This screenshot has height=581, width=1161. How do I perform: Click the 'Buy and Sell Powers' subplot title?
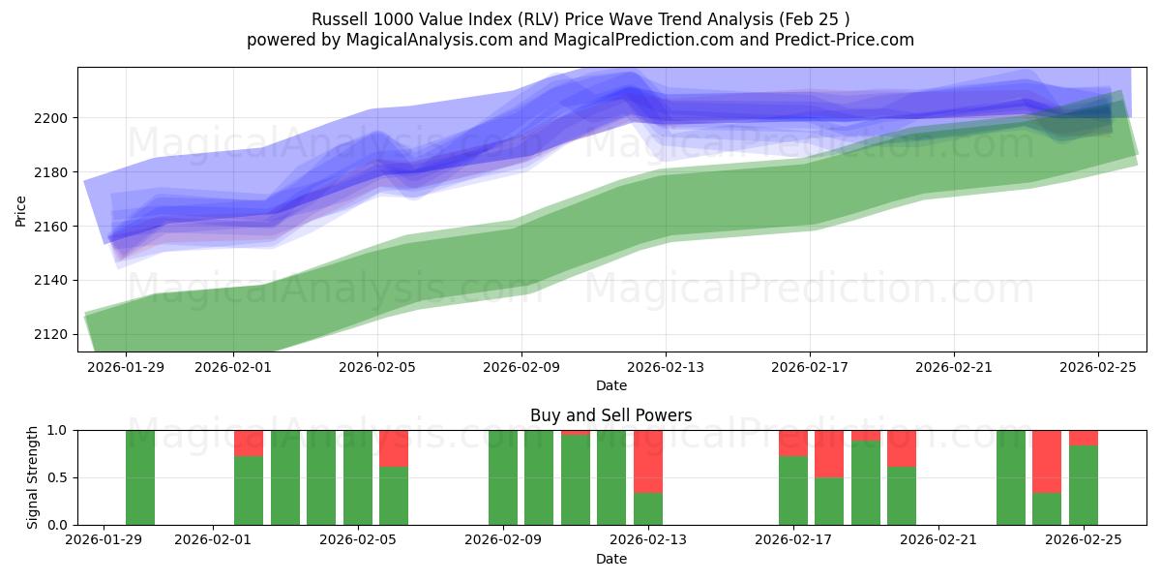pyautogui.click(x=610, y=415)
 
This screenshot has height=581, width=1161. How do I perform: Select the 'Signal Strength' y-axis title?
pyautogui.click(x=33, y=477)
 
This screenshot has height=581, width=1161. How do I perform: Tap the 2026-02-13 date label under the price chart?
pyautogui.click(x=666, y=367)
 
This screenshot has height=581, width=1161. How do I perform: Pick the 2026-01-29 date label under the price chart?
pyautogui.click(x=126, y=367)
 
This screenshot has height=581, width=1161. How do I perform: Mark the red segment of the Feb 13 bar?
pyautogui.click(x=648, y=461)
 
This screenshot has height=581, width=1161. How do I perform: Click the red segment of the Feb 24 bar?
pyautogui.click(x=1047, y=461)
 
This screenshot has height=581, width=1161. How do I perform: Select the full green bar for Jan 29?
pyautogui.click(x=140, y=477)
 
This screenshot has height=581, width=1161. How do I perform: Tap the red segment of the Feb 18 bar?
pyautogui.click(x=829, y=453)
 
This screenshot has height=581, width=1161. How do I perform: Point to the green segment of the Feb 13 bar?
pyautogui.click(x=648, y=508)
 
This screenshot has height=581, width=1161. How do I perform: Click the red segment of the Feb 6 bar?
pyautogui.click(x=394, y=448)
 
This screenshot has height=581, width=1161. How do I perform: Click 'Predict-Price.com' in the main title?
pyautogui.click(x=848, y=40)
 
